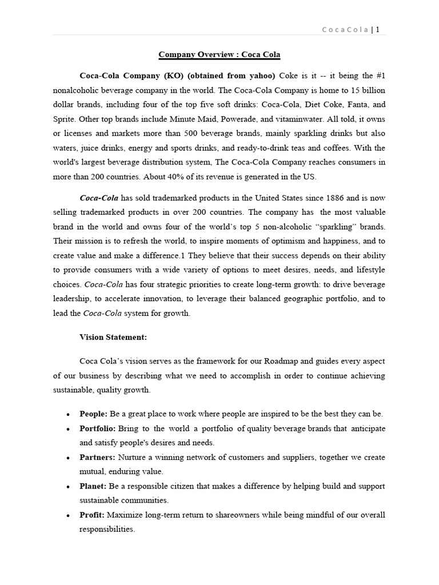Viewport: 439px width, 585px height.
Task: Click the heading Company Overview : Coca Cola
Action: coord(219,55)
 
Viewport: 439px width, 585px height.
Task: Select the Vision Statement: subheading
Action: coord(113,337)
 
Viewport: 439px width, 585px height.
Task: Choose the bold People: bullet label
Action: coord(94,414)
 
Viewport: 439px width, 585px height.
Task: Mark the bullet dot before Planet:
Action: coord(69,487)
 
